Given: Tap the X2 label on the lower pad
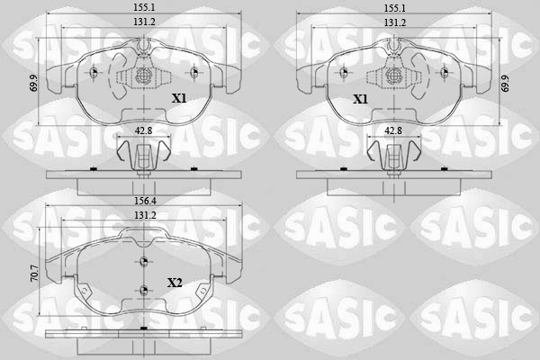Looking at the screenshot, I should [x=175, y=283].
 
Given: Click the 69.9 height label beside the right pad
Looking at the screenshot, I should [x=506, y=84].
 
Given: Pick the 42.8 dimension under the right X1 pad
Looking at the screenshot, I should [x=392, y=131].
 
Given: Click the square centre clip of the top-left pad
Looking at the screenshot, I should [x=143, y=76].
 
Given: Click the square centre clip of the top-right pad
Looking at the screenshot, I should [x=392, y=76].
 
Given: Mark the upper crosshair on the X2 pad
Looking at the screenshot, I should [x=143, y=262].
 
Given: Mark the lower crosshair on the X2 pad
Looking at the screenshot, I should [x=143, y=290].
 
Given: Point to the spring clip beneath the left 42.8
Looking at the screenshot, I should [x=141, y=157].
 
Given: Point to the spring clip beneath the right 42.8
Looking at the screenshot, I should [x=392, y=157].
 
